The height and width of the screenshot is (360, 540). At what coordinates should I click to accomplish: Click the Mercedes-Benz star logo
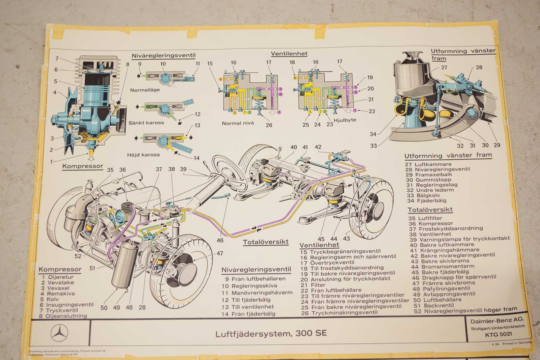click(59, 333)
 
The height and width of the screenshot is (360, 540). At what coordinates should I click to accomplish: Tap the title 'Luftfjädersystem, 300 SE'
click(271, 333)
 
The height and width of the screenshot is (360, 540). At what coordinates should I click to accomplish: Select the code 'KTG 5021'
click(498, 334)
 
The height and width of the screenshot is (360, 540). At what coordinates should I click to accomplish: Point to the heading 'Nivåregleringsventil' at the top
click(163, 56)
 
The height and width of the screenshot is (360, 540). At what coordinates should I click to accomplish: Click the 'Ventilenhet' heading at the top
click(289, 54)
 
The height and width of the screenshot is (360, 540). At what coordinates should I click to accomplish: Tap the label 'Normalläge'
click(145, 90)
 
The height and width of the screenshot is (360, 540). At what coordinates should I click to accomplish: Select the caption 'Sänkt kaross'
click(146, 123)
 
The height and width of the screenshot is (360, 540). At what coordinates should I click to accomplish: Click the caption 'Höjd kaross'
click(143, 155)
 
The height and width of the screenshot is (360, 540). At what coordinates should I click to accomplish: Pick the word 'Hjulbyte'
click(345, 120)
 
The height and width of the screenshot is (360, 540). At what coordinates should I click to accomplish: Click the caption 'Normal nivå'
click(238, 123)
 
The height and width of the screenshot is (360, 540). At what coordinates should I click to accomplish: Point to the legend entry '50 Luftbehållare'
click(437, 300)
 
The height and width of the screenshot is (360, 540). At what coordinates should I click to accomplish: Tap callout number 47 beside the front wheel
click(220, 253)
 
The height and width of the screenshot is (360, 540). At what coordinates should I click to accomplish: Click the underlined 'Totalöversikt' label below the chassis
click(266, 242)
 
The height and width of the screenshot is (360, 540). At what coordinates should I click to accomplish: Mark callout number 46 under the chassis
click(220, 240)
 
